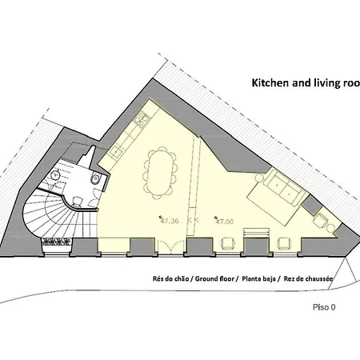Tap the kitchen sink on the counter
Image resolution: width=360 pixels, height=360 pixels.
(117, 151)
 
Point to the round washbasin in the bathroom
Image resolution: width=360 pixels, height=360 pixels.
(56, 175)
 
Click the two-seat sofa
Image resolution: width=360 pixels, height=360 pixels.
(284, 188)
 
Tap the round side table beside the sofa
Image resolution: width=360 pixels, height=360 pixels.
(259, 178)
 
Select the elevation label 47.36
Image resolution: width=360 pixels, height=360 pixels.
(170, 221)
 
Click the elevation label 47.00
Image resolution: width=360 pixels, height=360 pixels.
(225, 222)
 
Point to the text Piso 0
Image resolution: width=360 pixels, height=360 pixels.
(324, 307)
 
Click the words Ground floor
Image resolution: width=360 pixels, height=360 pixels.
(214, 279)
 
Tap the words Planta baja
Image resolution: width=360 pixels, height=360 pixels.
(258, 279)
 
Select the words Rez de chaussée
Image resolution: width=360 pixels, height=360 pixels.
(308, 279)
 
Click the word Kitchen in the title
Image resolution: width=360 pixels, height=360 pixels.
(270, 83)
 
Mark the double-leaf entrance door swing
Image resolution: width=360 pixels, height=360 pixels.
(171, 246)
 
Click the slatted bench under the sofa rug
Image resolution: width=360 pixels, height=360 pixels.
(257, 232)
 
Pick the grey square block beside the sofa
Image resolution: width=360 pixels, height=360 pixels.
(310, 205)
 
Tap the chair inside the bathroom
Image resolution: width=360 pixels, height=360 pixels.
(77, 202)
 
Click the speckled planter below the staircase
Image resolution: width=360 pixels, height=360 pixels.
(57, 242)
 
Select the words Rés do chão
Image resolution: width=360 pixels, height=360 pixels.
(171, 279)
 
